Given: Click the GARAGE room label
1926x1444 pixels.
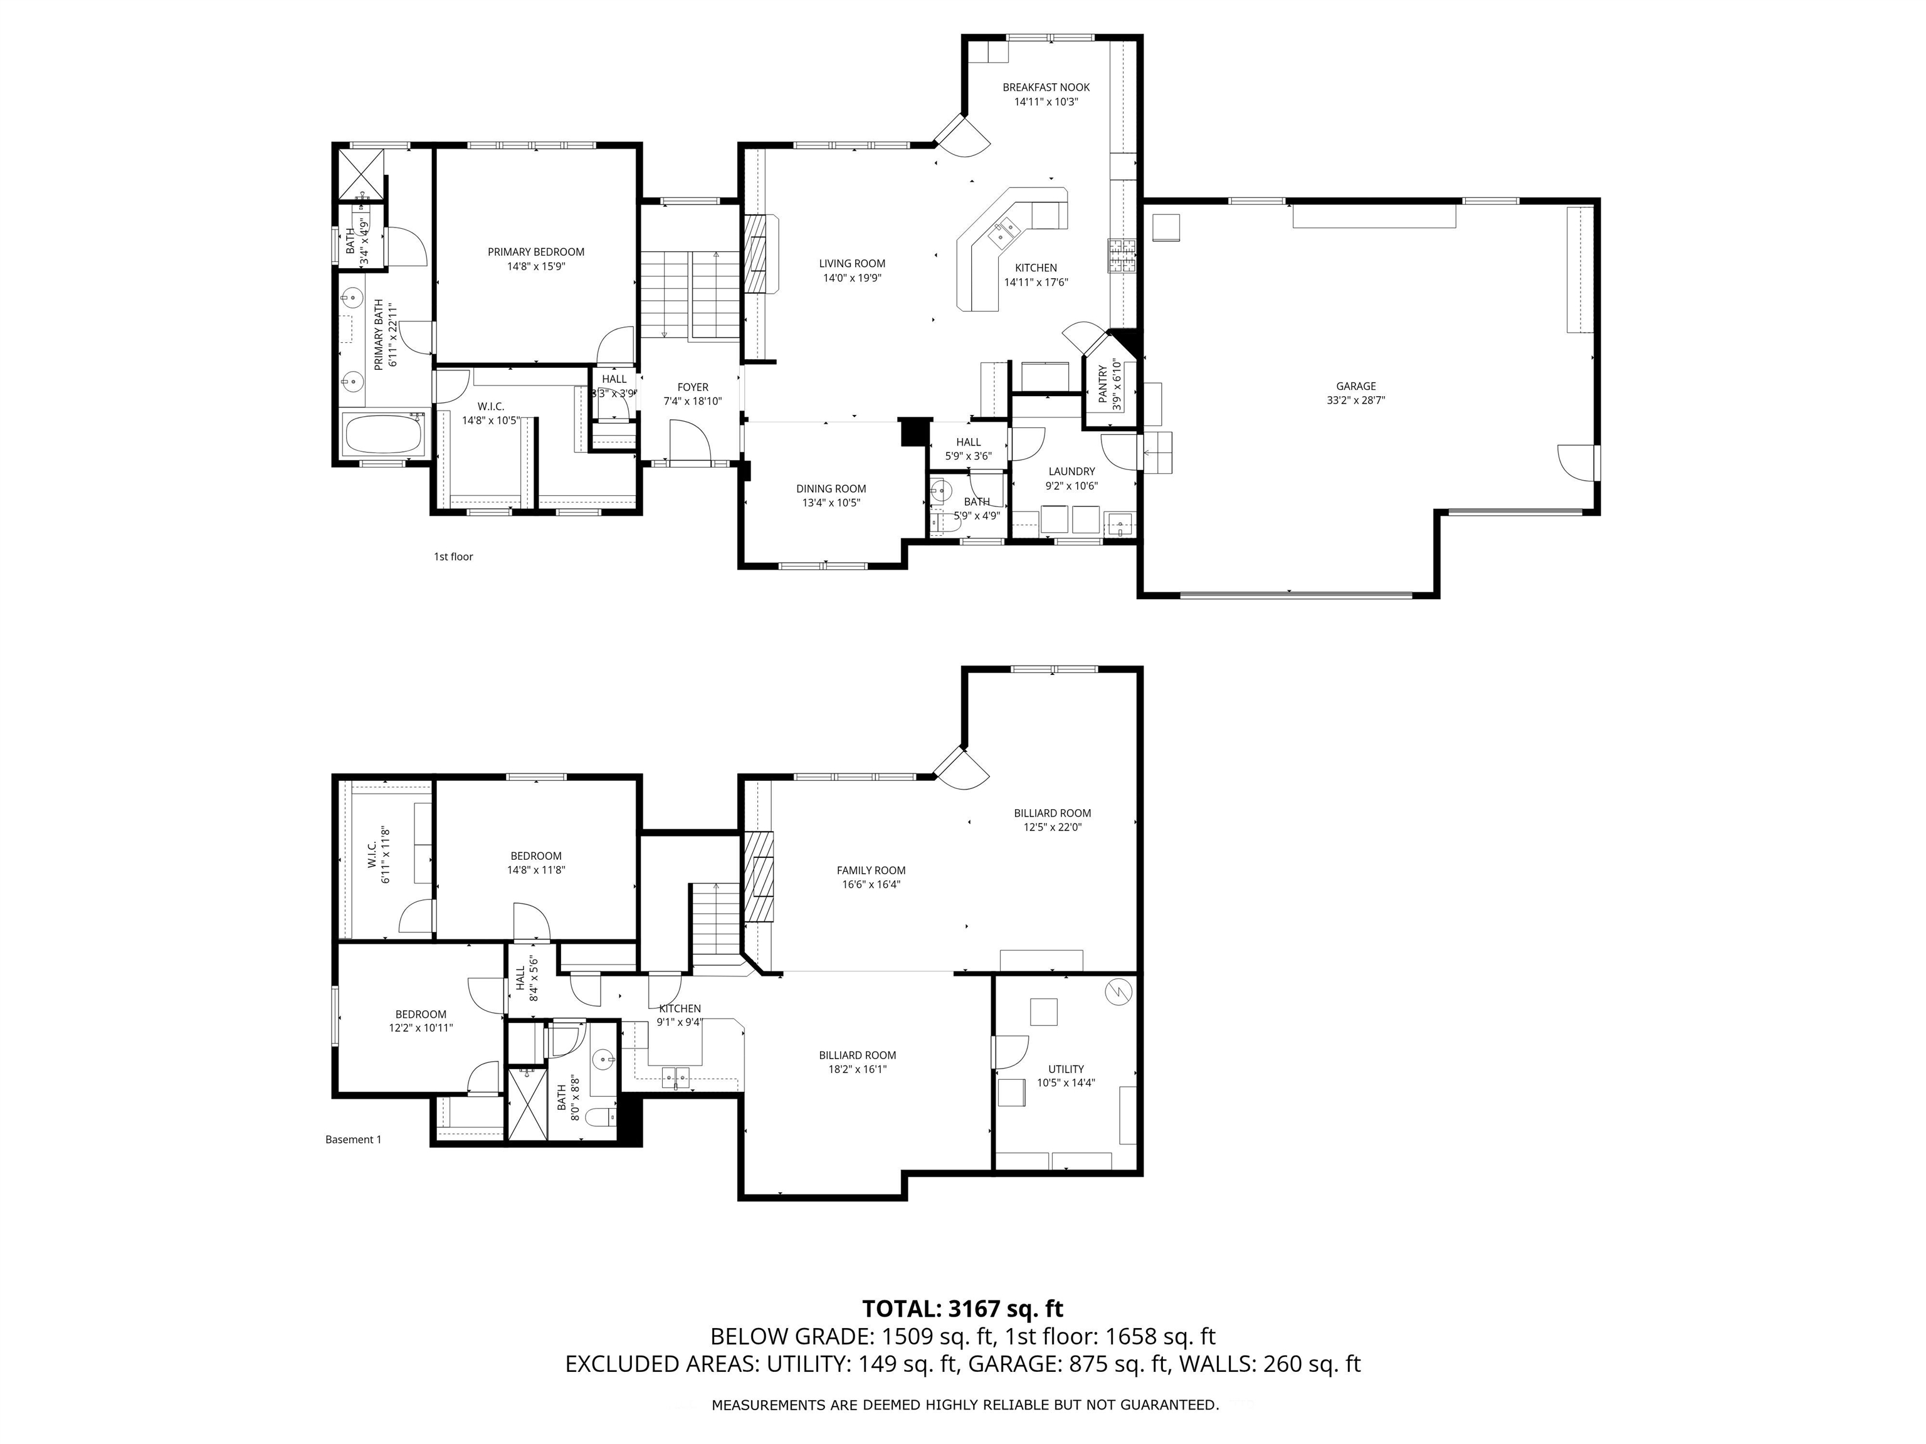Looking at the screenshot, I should pos(1355,387).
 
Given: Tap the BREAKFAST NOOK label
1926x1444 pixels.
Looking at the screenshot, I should pos(1046,87).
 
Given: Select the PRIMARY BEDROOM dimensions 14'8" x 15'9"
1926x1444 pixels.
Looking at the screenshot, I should pos(535,266).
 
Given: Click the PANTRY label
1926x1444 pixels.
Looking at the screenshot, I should pos(1103,384).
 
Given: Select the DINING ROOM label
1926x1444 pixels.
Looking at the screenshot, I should pos(831,489).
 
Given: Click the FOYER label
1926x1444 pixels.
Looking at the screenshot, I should pos(692,387).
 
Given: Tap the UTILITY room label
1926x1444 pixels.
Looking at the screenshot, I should pos(1066,1069).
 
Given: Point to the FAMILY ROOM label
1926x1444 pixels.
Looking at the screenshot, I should pos(871,871).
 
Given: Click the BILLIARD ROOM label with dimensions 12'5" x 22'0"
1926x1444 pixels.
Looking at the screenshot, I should pos(1052,813).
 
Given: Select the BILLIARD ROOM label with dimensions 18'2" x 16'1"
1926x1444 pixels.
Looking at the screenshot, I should pos(857,1055).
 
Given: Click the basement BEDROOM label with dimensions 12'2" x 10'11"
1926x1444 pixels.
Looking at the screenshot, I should pos(421,1014).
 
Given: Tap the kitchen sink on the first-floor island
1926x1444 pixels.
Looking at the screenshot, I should pos(1006,231).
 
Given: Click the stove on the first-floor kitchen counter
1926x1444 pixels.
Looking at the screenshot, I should pos(1122,254).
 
